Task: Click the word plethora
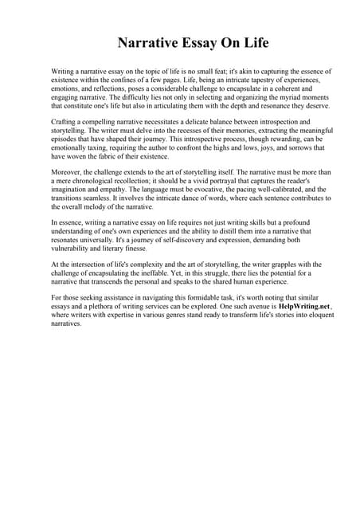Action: [x=101, y=308]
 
